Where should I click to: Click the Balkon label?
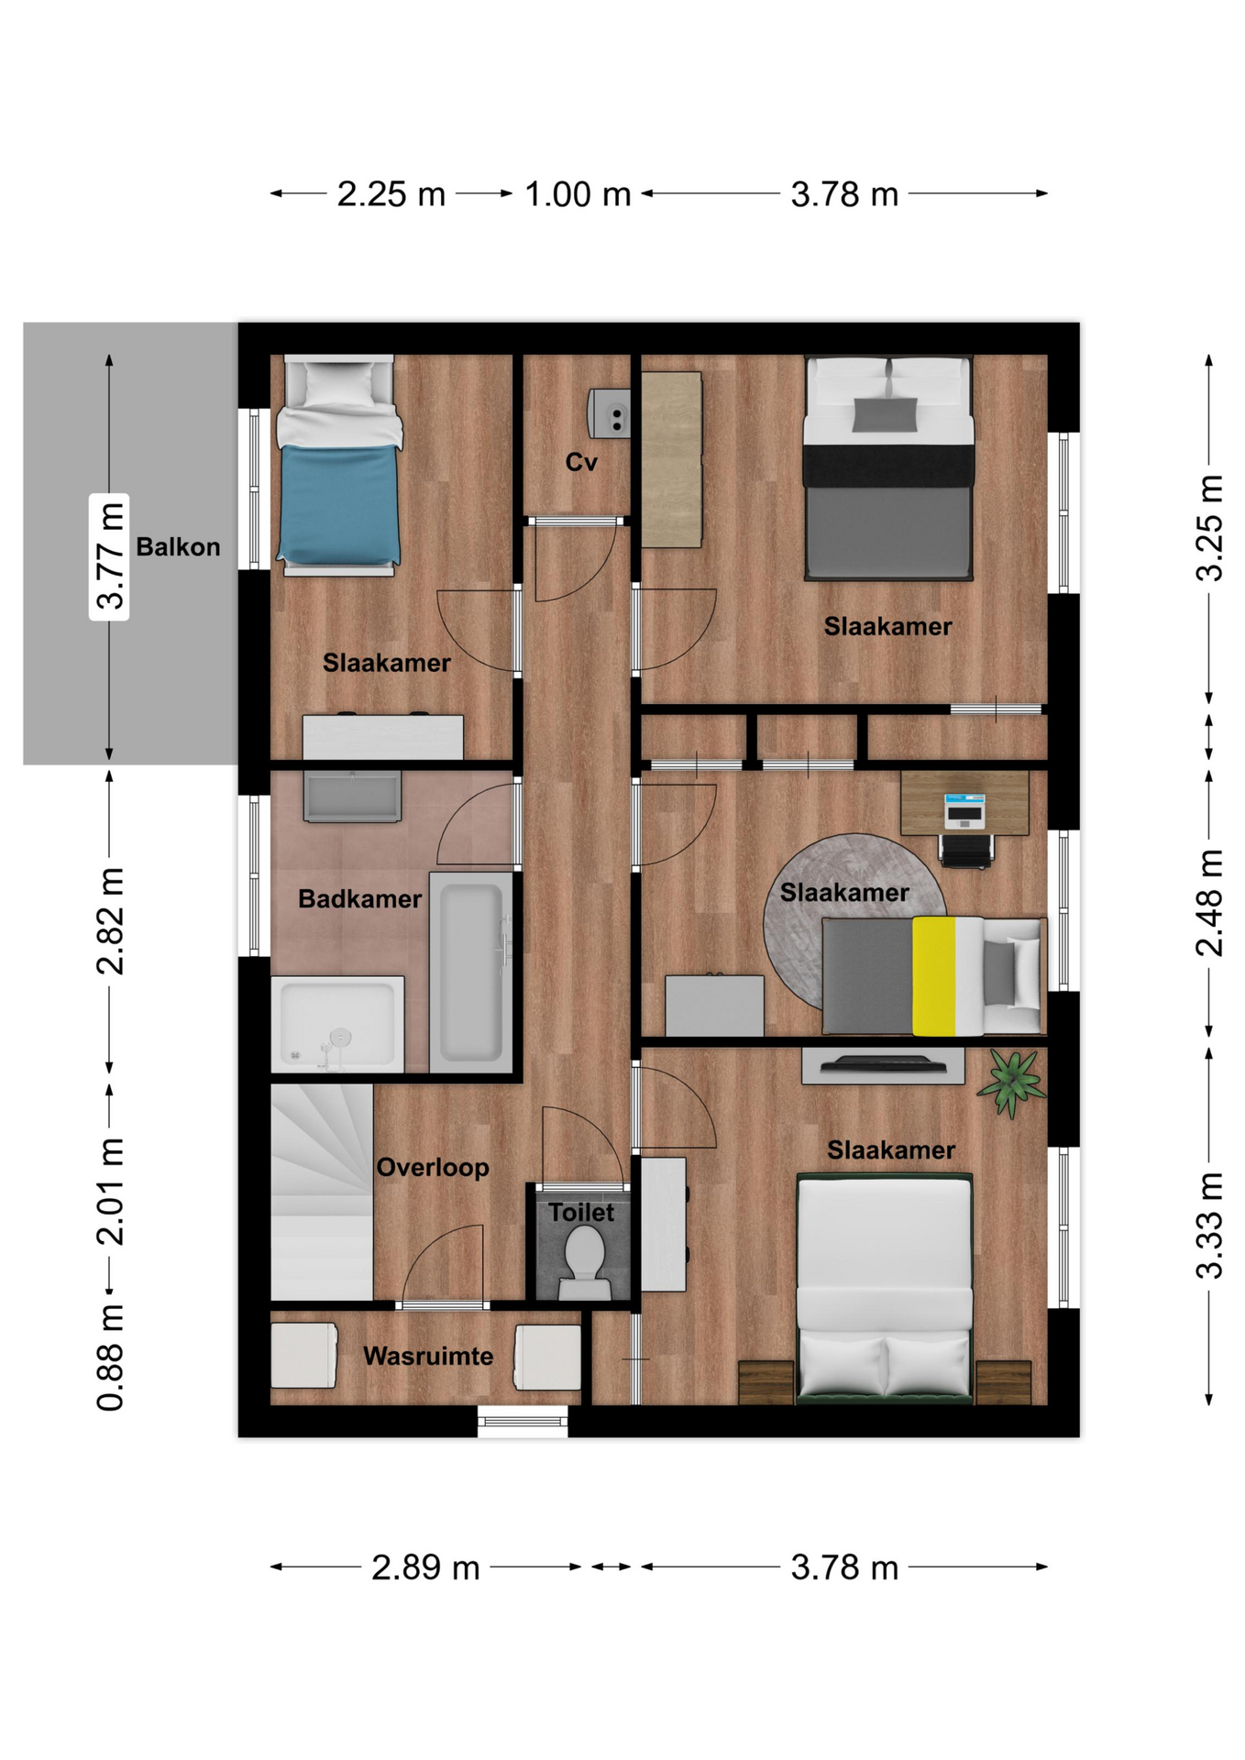pos(178,547)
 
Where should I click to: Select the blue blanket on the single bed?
pos(339,504)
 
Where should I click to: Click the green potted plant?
pos(1011,1083)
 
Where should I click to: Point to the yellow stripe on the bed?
pos(933,975)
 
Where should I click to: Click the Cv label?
pos(581,462)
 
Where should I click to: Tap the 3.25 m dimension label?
pos(1210,528)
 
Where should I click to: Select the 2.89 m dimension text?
pos(425,1567)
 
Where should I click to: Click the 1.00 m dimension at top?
pos(578,194)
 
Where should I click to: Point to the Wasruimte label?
pos(428,1356)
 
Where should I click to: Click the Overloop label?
pos(433,1168)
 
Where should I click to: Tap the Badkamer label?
pos(360,899)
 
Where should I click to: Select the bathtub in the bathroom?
pos(471,972)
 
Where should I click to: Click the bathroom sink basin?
pos(352,796)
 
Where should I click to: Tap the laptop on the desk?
pos(964,810)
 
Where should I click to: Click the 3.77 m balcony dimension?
pos(109,557)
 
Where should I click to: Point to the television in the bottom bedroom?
pos(883,1064)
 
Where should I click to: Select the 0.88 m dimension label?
pos(110,1358)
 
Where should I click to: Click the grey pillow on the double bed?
pos(885,414)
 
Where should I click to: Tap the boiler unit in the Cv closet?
pos(610,413)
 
